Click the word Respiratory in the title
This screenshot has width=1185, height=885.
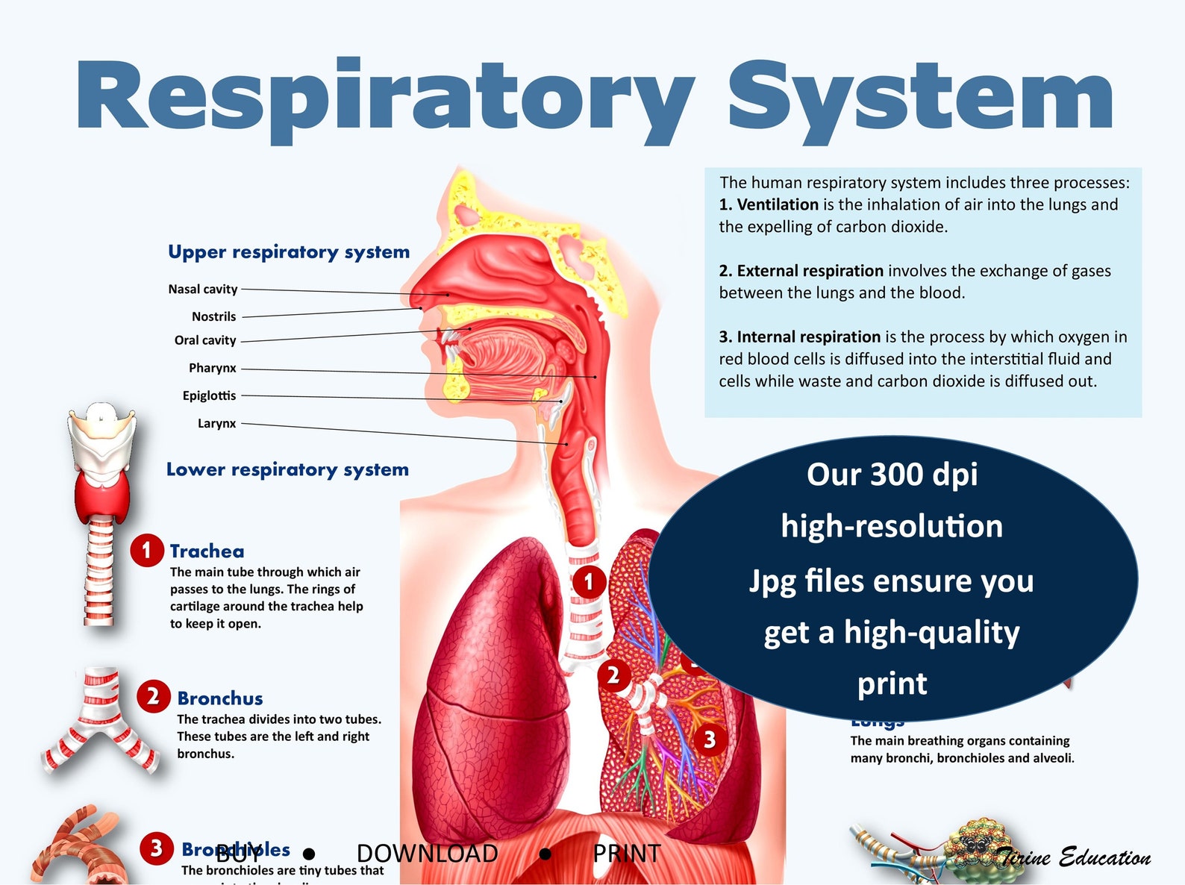pyautogui.click(x=384, y=98)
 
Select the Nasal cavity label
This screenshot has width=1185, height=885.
pyautogui.click(x=203, y=290)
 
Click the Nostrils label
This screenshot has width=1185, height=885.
pyautogui.click(x=213, y=317)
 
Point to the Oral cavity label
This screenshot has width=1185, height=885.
pyautogui.click(x=205, y=341)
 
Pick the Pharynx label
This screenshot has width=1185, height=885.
pyautogui.click(x=213, y=368)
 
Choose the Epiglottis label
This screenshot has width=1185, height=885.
pyautogui.click(x=209, y=395)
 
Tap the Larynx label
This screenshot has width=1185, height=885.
pyautogui.click(x=216, y=423)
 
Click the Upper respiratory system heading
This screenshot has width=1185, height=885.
pyautogui.click(x=289, y=252)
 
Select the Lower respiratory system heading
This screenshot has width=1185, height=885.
pyautogui.click(x=287, y=470)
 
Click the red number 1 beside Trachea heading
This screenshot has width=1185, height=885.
pyautogui.click(x=146, y=551)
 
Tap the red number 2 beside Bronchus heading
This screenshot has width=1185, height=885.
pyautogui.click(x=153, y=697)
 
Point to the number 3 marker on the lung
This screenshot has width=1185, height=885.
pyautogui.click(x=710, y=739)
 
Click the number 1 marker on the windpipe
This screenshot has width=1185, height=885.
pyautogui.click(x=589, y=581)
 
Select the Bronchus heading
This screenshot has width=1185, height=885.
pyautogui.click(x=220, y=698)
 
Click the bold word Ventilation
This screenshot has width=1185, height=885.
pyautogui.click(x=778, y=204)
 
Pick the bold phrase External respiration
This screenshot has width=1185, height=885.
pyautogui.click(x=810, y=271)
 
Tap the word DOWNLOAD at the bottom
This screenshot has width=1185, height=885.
pyautogui.click(x=427, y=854)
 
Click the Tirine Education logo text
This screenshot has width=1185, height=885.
pyautogui.click(x=1075, y=857)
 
